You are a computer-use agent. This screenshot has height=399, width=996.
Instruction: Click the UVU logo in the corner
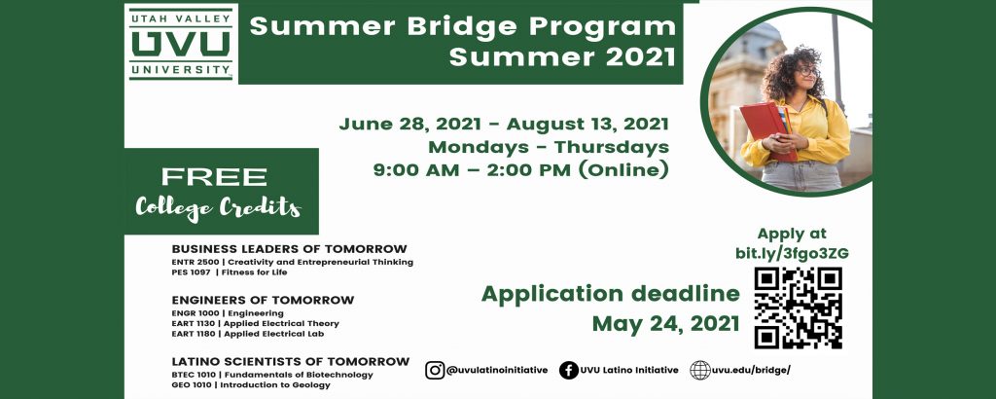pos(181,44)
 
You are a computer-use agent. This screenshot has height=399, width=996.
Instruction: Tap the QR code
pos(798,308)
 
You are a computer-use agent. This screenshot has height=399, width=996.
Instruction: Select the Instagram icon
pos(435,370)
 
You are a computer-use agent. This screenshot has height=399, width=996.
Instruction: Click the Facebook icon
pos(568,370)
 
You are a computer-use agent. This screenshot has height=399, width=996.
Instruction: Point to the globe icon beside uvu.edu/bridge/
pos(700,370)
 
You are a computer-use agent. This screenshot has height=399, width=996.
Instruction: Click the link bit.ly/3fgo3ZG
pos(792,253)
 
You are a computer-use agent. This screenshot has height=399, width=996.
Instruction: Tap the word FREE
pos(214,176)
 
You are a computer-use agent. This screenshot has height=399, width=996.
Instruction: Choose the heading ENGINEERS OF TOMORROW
pos(263,300)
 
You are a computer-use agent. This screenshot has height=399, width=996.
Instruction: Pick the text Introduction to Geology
pos(275,384)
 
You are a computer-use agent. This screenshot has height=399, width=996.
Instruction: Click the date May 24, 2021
pos(665,324)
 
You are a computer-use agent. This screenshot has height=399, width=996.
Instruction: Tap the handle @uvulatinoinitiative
pos(497,371)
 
